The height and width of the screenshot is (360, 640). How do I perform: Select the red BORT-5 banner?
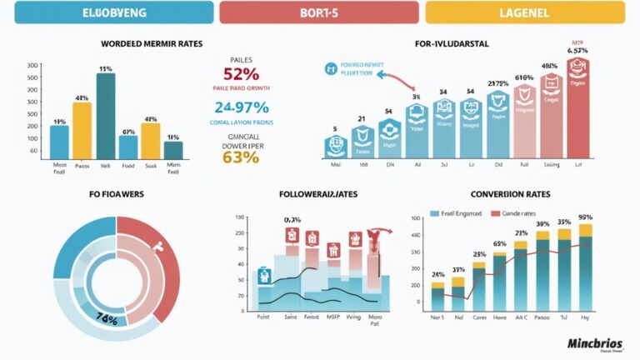[319, 12]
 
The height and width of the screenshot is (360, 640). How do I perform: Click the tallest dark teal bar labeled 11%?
[106, 116]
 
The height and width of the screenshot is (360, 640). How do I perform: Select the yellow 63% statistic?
[241, 157]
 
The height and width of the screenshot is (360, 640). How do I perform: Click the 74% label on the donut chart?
[106, 317]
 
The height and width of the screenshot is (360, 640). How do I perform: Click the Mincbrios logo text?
[594, 342]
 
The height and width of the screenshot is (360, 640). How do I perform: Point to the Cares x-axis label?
[478, 317]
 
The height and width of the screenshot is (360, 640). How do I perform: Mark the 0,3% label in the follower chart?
[292, 220]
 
